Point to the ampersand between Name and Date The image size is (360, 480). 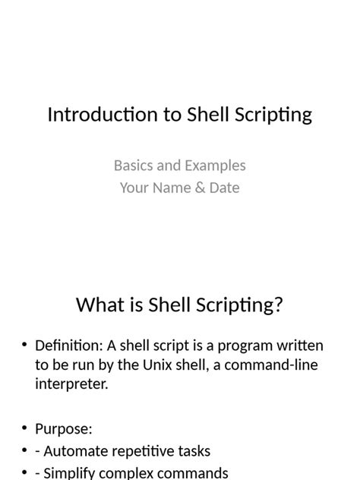(x=200, y=188)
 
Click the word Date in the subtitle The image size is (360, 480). (x=224, y=188)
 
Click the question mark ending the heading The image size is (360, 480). (x=278, y=305)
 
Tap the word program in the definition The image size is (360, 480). (x=241, y=346)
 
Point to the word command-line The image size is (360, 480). (x=272, y=365)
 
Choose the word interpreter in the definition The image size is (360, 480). (x=71, y=384)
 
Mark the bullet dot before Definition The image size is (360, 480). (x=24, y=346)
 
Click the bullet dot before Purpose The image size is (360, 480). (x=24, y=428)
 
